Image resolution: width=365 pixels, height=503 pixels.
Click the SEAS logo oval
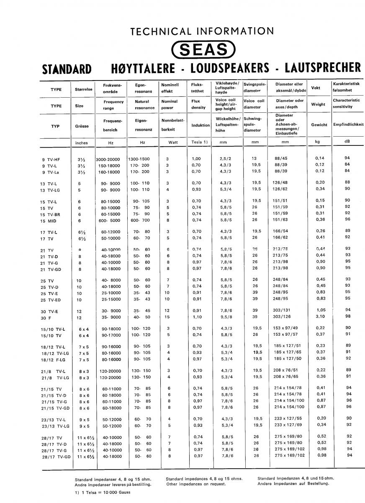[204, 50]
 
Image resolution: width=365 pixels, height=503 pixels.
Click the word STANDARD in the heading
[67, 68]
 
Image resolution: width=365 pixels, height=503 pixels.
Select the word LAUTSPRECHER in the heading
[322, 67]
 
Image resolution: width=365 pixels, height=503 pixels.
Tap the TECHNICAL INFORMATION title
[202, 31]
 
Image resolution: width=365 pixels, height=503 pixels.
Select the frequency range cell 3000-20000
[108, 159]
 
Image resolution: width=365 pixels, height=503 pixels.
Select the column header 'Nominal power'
[169, 104]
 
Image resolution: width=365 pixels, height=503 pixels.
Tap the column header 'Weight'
[318, 104]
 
